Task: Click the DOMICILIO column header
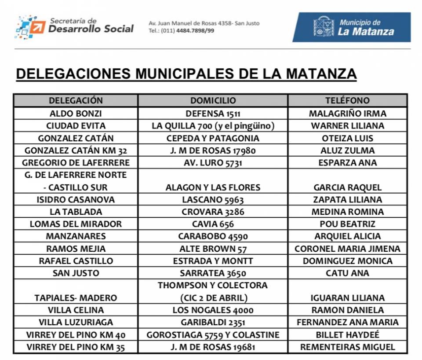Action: pyautogui.click(x=213, y=101)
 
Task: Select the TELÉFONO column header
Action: pyautogui.click(x=347, y=101)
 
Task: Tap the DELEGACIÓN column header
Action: pyautogui.click(x=76, y=101)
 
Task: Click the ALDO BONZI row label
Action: pyautogui.click(x=76, y=114)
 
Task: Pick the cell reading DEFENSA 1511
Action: pyautogui.click(x=213, y=114)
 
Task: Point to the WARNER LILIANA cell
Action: pyautogui.click(x=347, y=126)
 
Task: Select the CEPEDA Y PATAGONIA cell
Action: pyautogui.click(x=213, y=138)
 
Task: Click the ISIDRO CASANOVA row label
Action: pyautogui.click(x=76, y=200)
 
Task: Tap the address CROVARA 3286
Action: pyautogui.click(x=213, y=212)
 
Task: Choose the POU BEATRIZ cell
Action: pyautogui.click(x=347, y=224)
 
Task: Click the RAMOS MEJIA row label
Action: pyautogui.click(x=76, y=249)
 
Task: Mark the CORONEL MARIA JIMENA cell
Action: pyautogui.click(x=347, y=249)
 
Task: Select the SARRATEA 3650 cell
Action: pyautogui.click(x=213, y=273)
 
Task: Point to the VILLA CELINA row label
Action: pyautogui.click(x=76, y=310)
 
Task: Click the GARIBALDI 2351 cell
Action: pyautogui.click(x=213, y=323)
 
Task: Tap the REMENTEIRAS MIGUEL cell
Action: pyautogui.click(x=347, y=347)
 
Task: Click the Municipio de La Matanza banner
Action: pyautogui.click(x=351, y=27)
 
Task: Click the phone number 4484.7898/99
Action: pyautogui.click(x=195, y=31)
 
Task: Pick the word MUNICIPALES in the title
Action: pyautogui.click(x=186, y=73)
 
